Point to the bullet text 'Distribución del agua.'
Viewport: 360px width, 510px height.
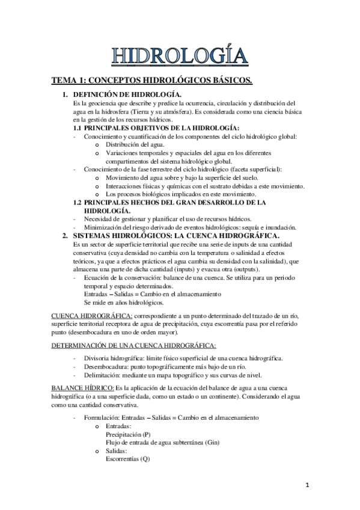coord(136,145)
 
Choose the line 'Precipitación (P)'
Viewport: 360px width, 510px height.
coord(128,434)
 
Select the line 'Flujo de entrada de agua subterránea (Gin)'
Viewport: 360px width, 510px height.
coord(162,442)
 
